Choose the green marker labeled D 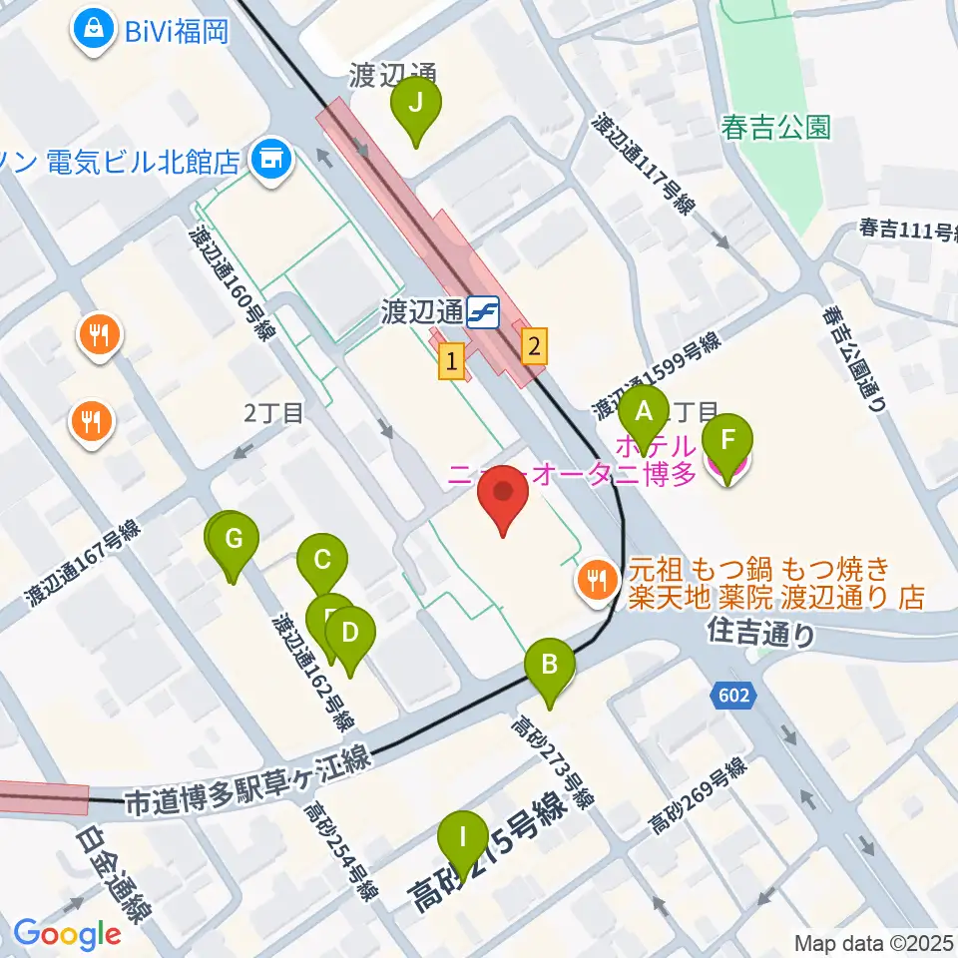tap(349, 633)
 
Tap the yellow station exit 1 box tap(453, 361)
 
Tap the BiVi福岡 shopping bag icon tap(93, 28)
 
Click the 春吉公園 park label tap(776, 128)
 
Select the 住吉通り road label tap(761, 631)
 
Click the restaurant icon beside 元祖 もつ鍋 tap(597, 577)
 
